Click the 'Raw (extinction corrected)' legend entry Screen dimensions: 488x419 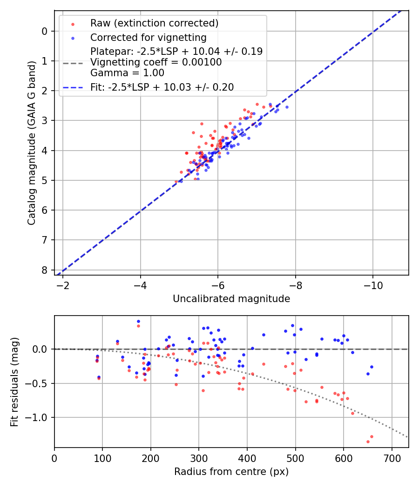(154, 23)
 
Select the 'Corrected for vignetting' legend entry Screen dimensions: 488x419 (148, 38)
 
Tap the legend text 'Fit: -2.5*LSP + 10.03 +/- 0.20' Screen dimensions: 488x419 (162, 87)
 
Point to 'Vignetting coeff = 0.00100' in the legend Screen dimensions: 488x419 (156, 62)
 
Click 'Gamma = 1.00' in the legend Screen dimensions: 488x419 (127, 73)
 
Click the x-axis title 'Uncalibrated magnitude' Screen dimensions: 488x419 (231, 299)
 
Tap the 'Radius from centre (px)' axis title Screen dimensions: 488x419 (231, 472)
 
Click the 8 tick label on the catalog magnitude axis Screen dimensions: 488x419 (45, 270)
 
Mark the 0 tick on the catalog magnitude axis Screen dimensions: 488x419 (45, 31)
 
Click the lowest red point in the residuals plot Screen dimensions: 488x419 (368, 442)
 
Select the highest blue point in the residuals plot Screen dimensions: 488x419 (138, 321)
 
